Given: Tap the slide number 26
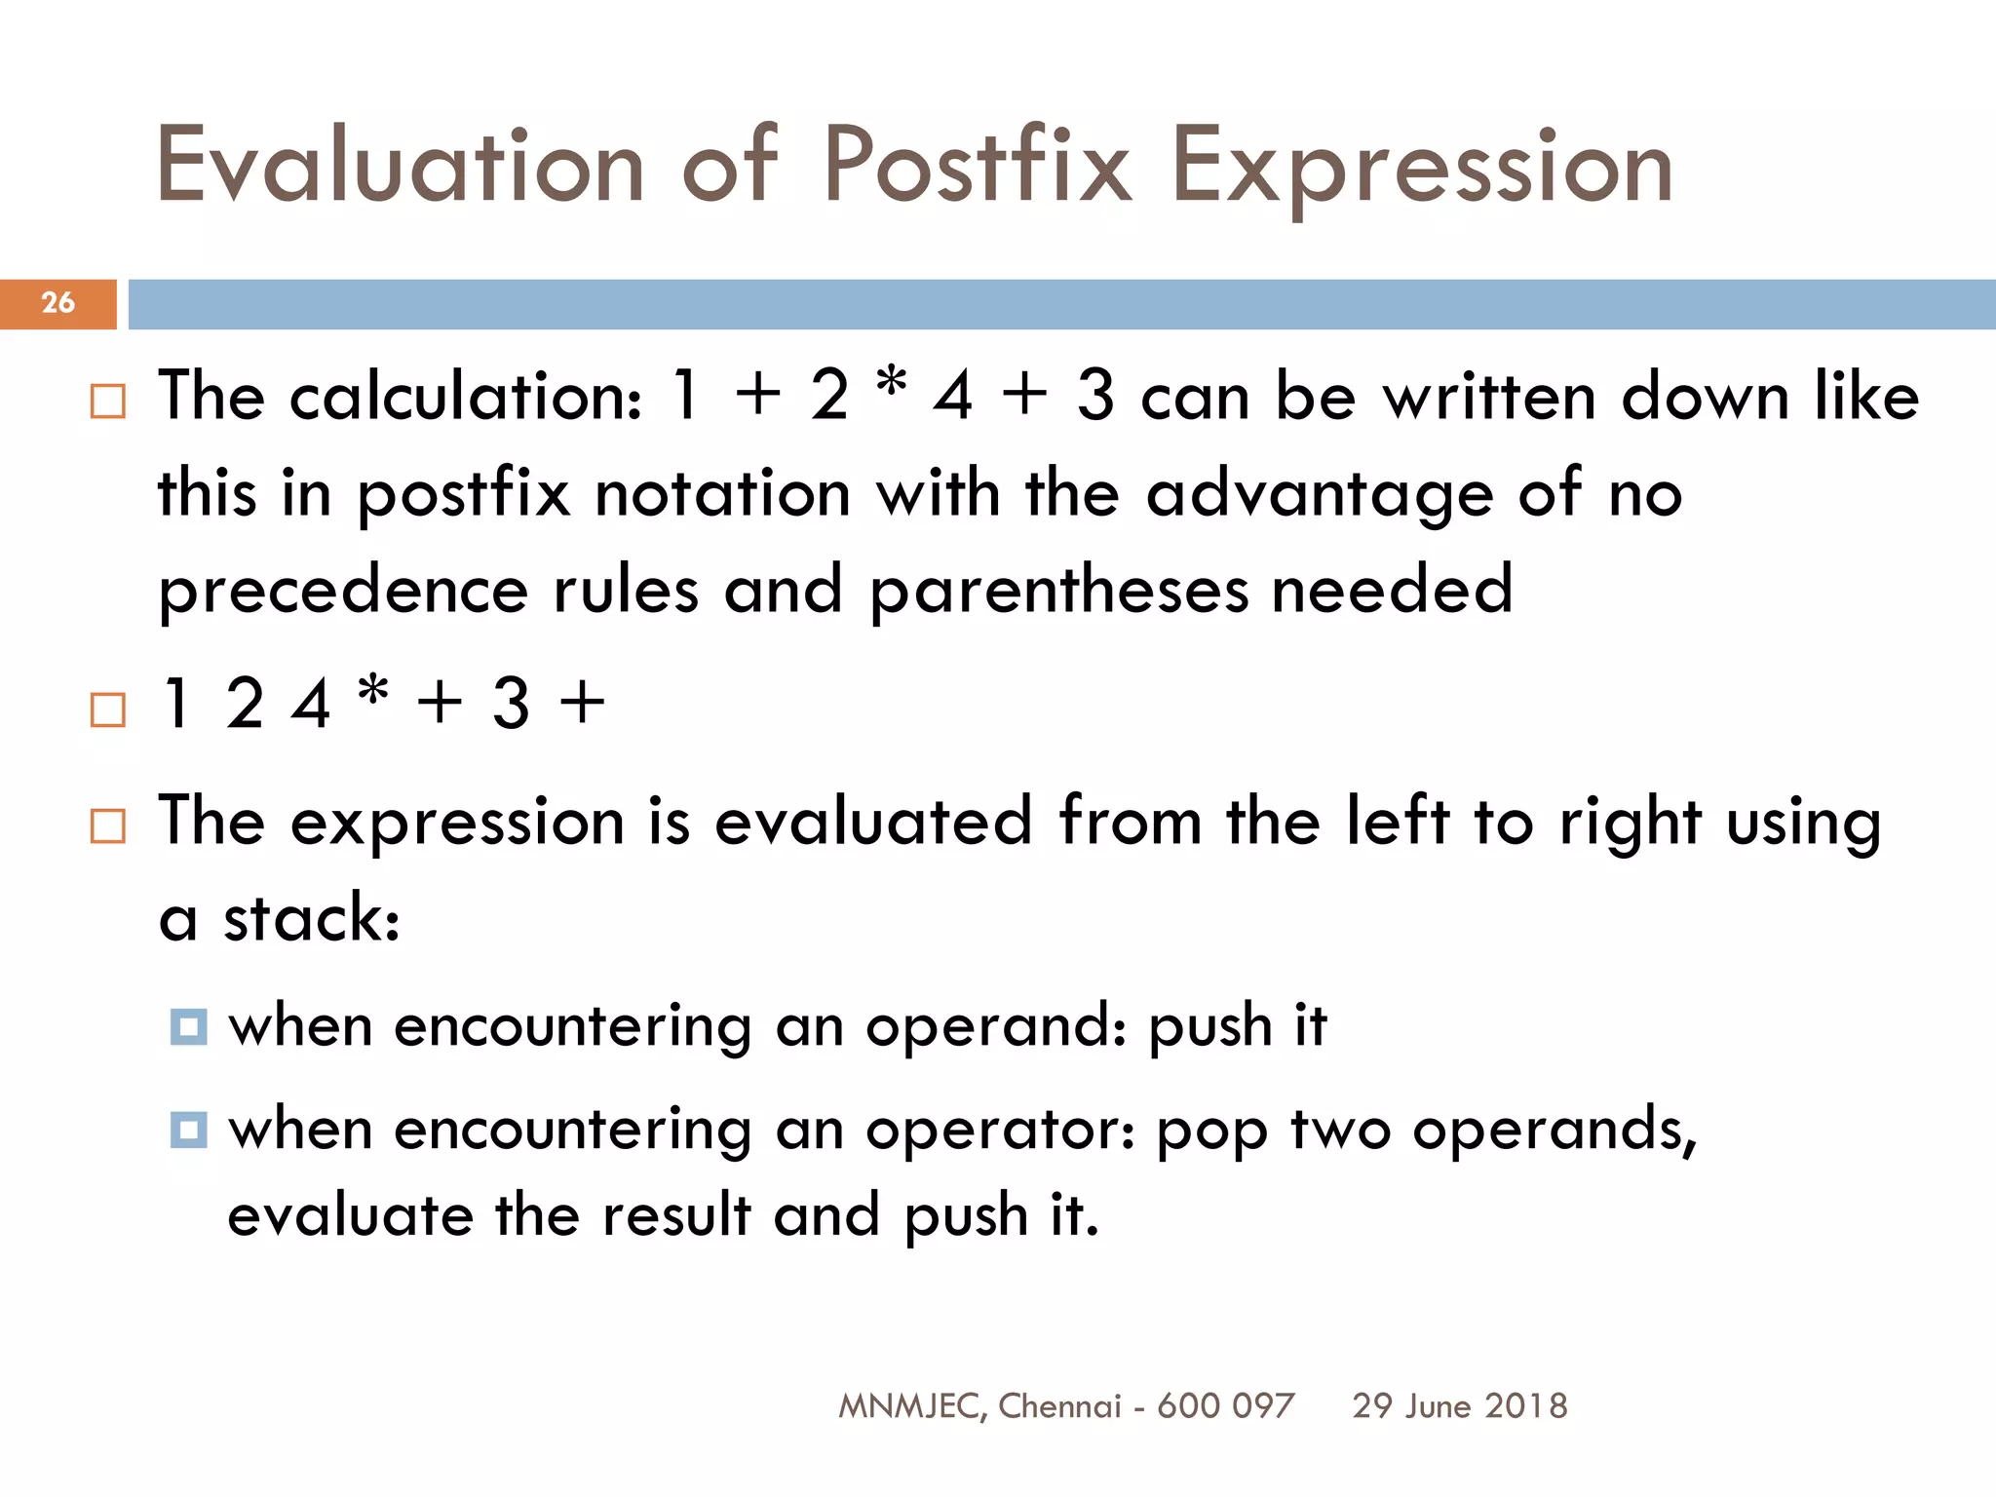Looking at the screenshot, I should tap(58, 303).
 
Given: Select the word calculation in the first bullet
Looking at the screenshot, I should tap(466, 398).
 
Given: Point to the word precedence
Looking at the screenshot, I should tap(343, 592).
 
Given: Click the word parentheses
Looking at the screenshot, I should tap(1058, 592).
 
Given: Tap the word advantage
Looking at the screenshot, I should tap(1319, 494).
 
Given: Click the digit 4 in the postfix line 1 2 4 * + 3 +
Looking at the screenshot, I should tap(311, 704).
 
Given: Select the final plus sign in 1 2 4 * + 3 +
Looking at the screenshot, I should tap(582, 704).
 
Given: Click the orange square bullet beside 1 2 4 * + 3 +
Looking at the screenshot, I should tap(108, 710).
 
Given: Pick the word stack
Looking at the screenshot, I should tap(311, 918).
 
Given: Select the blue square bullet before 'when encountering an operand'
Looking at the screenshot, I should tap(188, 1026).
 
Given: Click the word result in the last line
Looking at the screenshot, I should tap(675, 1216).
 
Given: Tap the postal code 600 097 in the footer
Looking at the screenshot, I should tap(1225, 1406).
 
